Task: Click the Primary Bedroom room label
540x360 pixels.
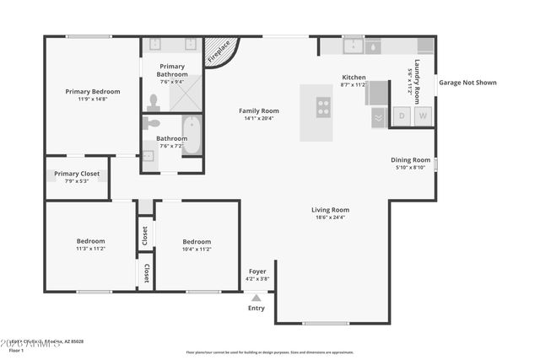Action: click(93, 91)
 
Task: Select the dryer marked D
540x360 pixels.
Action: click(402, 116)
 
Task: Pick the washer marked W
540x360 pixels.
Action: click(424, 116)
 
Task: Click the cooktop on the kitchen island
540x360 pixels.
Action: click(323, 107)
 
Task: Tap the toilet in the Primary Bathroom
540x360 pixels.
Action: click(153, 103)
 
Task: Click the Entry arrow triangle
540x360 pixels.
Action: click(256, 298)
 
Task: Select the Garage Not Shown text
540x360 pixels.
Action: click(467, 83)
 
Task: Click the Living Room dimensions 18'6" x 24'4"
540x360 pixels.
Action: click(330, 218)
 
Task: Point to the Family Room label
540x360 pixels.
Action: click(258, 110)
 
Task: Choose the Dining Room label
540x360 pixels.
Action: click(410, 159)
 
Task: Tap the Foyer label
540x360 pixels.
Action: click(256, 271)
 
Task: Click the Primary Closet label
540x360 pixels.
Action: click(77, 174)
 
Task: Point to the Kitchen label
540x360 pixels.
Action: click(354, 77)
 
